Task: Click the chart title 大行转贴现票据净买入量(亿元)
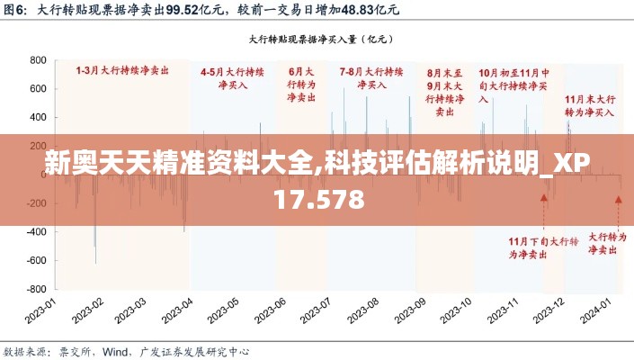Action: click(317, 40)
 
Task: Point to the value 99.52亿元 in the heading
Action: click(201, 11)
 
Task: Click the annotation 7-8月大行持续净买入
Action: click(371, 77)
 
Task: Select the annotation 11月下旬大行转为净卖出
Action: click(542, 247)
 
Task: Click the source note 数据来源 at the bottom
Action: click(28, 351)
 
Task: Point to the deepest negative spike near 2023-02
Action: click(95, 263)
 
